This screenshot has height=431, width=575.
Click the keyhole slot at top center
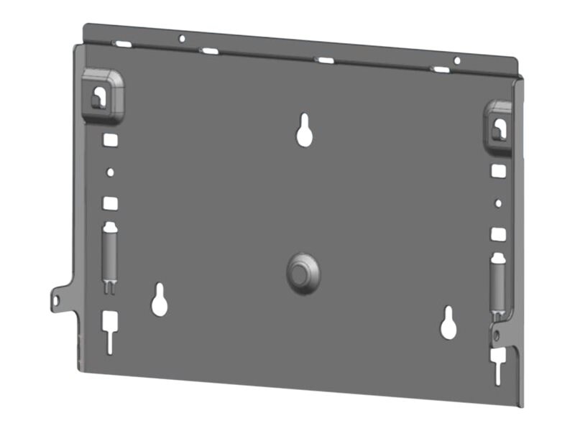click(305, 130)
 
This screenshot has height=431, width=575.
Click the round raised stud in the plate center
click(302, 272)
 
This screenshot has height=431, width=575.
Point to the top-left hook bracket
click(103, 95)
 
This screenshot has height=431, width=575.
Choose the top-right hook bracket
click(498, 126)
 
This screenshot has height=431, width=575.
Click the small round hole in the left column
click(110, 172)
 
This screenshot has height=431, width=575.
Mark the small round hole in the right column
click(498, 203)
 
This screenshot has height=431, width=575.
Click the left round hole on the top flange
click(182, 38)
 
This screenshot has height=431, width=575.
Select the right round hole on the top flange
click(456, 60)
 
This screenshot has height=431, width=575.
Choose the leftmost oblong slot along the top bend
click(123, 44)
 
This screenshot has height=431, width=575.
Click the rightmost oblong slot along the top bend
click(439, 70)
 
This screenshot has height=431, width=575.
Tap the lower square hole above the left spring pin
click(109, 204)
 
